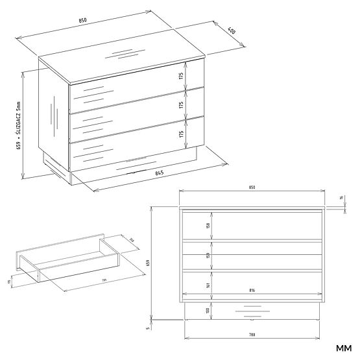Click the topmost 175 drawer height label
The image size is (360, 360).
pyautogui.click(x=182, y=75)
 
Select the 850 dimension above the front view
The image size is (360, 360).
pyautogui.click(x=252, y=187)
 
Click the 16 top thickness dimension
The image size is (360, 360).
pyautogui.click(x=341, y=198)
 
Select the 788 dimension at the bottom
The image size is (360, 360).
pyautogui.click(x=252, y=335)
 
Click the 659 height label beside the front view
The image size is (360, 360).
pyautogui.click(x=149, y=263)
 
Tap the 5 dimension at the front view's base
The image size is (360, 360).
pyautogui.click(x=149, y=328)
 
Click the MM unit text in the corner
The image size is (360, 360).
pyautogui.click(x=343, y=351)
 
